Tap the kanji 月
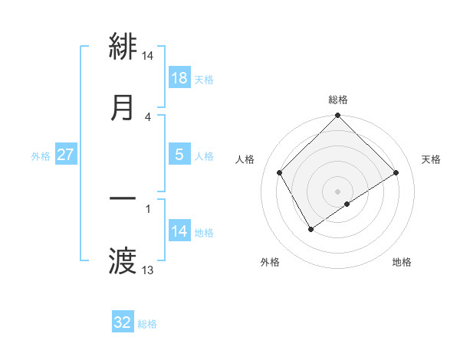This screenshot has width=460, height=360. click(x=123, y=108)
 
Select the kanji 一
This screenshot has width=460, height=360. click(x=123, y=198)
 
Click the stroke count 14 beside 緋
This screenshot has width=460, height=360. click(x=148, y=56)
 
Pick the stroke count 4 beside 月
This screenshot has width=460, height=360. click(x=148, y=116)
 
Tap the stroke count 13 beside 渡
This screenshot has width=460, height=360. click(x=148, y=270)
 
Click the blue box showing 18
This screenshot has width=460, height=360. click(x=179, y=78)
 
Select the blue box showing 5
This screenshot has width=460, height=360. click(x=179, y=154)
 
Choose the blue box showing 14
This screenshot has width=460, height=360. click(x=179, y=231)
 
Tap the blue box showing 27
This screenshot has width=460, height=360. click(x=66, y=155)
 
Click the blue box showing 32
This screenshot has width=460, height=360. click(x=123, y=322)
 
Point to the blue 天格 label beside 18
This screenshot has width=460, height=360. click(x=204, y=79)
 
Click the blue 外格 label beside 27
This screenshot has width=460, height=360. click(x=41, y=155)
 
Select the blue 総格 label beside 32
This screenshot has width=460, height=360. click(x=147, y=323)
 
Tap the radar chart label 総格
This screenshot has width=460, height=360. click(x=338, y=100)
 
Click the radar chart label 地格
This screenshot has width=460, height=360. click(x=402, y=262)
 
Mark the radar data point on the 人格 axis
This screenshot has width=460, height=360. click(x=280, y=172)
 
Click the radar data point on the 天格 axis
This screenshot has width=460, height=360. click(x=396, y=172)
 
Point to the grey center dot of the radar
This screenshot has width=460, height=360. click(x=338, y=191)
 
